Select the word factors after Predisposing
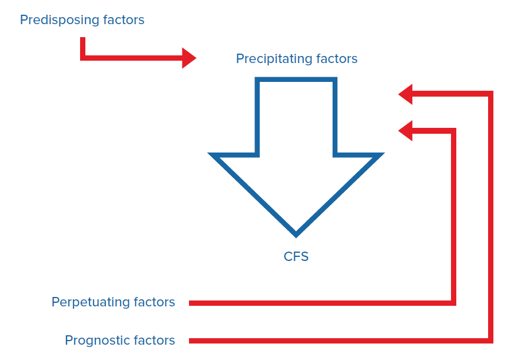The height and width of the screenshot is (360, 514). click(124, 19)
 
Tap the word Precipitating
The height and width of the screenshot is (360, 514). click(274, 59)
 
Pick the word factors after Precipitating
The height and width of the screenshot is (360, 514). click(337, 58)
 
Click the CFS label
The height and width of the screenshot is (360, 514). click(296, 256)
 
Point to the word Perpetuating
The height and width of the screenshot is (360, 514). click(91, 302)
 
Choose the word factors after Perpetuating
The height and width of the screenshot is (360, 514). click(154, 302)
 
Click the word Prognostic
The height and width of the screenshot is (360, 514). click(98, 341)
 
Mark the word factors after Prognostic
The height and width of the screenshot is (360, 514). click(154, 340)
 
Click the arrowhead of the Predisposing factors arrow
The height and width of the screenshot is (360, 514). click(189, 58)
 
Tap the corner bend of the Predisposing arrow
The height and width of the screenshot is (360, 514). click(82, 58)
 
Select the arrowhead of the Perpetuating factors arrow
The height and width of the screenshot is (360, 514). click(405, 131)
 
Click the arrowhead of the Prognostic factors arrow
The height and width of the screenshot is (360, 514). click(405, 94)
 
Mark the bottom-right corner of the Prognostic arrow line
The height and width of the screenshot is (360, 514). click(490, 341)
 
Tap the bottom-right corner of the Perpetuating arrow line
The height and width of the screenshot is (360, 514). click(454, 303)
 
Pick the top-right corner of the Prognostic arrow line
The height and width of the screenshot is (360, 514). click(490, 94)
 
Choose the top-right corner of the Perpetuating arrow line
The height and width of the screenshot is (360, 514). click(454, 131)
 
